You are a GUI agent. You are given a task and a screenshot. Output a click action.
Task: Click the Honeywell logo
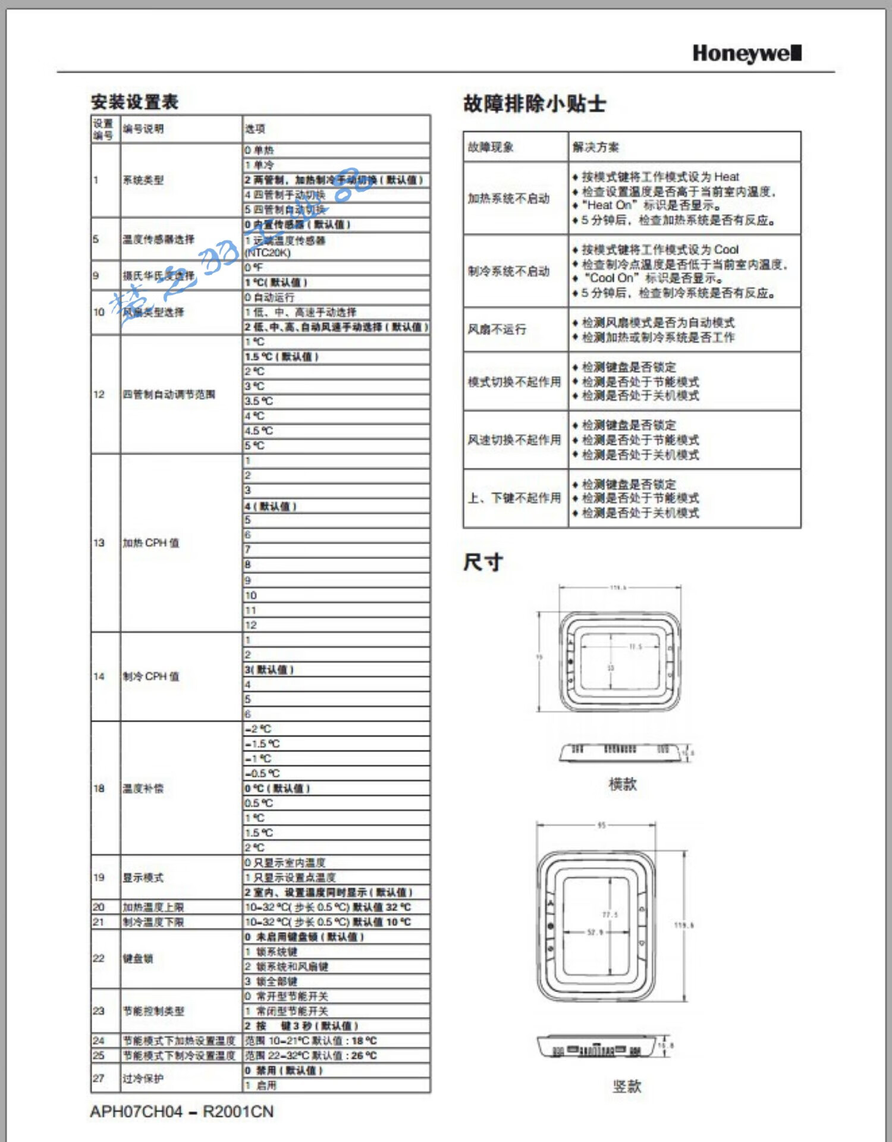click(x=746, y=54)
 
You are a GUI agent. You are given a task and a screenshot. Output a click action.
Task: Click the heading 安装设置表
click(x=134, y=102)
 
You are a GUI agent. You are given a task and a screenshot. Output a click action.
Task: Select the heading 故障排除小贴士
click(x=534, y=103)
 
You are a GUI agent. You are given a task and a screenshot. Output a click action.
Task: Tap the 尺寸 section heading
click(x=483, y=562)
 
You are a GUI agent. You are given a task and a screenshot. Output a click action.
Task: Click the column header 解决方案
click(x=595, y=147)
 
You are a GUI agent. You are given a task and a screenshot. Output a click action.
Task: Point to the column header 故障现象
click(x=491, y=147)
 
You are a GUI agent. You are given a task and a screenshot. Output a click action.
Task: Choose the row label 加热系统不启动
click(x=508, y=199)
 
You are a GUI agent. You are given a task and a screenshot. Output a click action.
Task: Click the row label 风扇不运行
click(x=497, y=330)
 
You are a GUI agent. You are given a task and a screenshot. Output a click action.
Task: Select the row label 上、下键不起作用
click(x=514, y=498)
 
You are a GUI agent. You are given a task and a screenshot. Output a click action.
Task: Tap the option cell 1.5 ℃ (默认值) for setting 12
click(x=282, y=357)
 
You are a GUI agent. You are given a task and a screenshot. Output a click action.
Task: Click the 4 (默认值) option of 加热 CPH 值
click(x=271, y=506)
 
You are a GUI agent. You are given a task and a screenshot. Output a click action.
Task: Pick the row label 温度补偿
click(x=143, y=789)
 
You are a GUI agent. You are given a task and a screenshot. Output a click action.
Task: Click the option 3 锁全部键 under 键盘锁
click(x=271, y=981)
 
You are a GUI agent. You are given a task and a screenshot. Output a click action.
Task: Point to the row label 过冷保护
click(x=143, y=1078)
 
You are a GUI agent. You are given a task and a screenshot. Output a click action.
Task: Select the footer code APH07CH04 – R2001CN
click(x=181, y=1112)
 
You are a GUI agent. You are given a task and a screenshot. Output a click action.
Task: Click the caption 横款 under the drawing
click(x=623, y=784)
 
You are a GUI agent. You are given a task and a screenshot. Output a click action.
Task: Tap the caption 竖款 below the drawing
click(x=627, y=1086)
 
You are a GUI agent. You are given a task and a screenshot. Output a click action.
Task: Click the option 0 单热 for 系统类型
click(x=259, y=150)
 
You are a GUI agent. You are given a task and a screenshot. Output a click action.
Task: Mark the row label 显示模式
click(x=143, y=878)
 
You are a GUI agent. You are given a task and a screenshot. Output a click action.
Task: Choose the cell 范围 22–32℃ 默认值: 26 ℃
click(x=310, y=1056)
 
